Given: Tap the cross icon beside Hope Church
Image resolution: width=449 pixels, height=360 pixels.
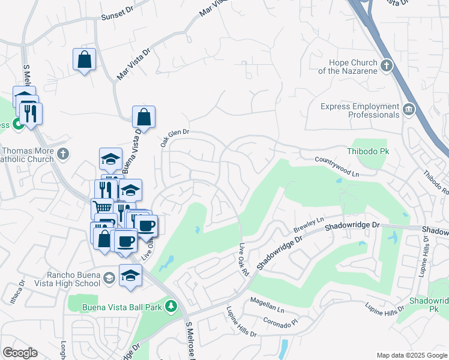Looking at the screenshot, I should tap(387, 65).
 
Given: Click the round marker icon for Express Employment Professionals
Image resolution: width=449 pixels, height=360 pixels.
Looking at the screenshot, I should tap(409, 109).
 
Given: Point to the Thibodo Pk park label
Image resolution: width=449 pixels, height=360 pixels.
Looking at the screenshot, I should tap(368, 151).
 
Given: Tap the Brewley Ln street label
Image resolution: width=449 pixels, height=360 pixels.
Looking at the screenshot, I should tap(309, 226).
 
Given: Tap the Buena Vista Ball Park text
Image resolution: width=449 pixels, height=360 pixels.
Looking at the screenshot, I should tap(124, 307).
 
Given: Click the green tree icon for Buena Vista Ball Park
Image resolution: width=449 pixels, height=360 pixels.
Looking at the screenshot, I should tap(171, 307).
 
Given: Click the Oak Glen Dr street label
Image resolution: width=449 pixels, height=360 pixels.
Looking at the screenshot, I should tap(174, 139).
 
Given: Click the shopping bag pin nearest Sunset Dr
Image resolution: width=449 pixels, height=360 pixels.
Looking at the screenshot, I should tap(84, 59).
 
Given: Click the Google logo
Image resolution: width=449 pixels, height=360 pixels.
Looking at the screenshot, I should tap(20, 353).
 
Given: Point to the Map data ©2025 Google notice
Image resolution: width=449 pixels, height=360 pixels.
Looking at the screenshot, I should tap(411, 355).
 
